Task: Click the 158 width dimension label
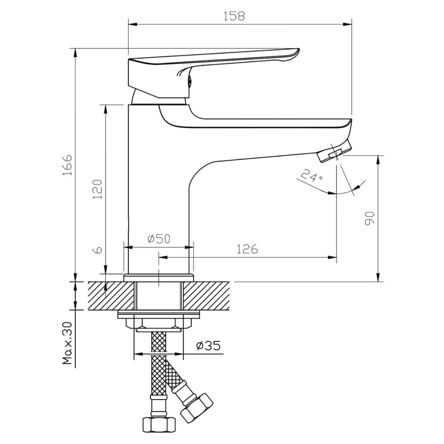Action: [234, 16]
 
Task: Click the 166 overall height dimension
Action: [68, 165]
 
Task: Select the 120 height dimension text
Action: [98, 189]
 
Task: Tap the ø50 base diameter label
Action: [159, 239]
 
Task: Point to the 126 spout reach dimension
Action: [247, 249]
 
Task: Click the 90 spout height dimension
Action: [370, 219]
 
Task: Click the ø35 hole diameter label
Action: [208, 345]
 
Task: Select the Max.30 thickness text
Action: [68, 343]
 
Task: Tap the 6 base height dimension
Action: [98, 250]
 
